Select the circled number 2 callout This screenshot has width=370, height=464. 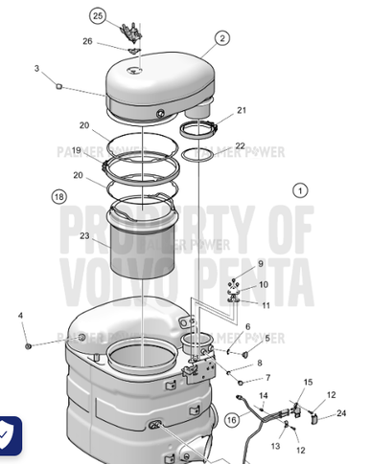pyautogui.click(x=222, y=38)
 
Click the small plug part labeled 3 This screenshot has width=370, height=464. pyautogui.click(x=58, y=86)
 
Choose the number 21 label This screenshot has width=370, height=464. pyautogui.click(x=242, y=110)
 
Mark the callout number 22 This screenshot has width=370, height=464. pyautogui.click(x=240, y=145)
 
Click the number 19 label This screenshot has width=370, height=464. pyautogui.click(x=76, y=150)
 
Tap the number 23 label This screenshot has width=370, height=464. pyautogui.click(x=85, y=235)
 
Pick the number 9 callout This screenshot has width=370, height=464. pyautogui.click(x=260, y=263)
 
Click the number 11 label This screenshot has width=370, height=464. pyautogui.click(x=266, y=304)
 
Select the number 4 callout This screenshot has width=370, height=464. pyautogui.click(x=21, y=315)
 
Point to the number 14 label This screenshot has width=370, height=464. pyautogui.click(x=264, y=395)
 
